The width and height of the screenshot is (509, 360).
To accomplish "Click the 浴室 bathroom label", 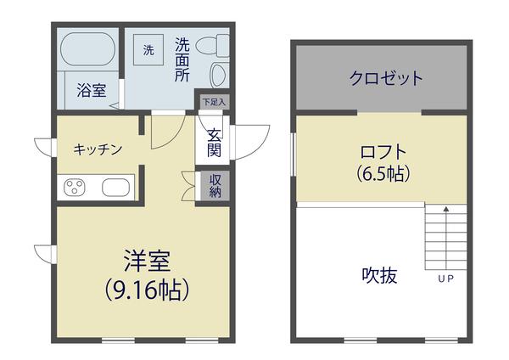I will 92,91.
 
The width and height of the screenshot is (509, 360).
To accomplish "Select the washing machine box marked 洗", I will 148,50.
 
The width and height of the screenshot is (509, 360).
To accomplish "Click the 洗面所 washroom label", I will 182,59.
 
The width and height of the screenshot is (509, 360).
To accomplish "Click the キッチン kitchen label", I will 98,149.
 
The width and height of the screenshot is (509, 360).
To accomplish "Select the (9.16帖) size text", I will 146,291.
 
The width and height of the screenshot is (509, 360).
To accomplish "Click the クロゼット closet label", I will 385,79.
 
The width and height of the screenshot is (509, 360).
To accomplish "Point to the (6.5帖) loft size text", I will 384,176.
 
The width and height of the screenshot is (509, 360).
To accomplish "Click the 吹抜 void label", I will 380,275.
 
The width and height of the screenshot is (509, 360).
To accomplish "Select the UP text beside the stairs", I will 445,278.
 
